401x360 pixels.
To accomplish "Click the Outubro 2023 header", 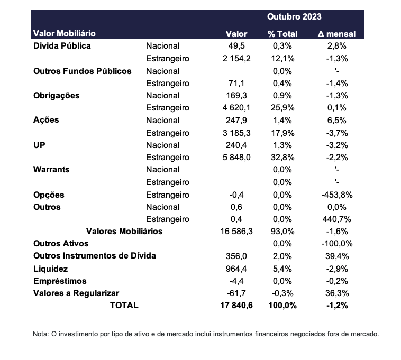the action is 294,16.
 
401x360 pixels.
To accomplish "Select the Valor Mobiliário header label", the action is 65,33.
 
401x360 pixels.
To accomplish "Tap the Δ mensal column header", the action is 336,34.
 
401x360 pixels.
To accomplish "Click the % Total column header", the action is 282,34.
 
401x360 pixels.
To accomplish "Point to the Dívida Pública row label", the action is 62,46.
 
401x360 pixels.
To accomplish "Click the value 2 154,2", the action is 236,59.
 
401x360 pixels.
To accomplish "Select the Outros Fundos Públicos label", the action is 83,71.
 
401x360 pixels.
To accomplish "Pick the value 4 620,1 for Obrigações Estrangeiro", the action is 236,108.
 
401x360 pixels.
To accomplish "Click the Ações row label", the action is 46,120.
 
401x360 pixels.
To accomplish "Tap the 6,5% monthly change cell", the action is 337,121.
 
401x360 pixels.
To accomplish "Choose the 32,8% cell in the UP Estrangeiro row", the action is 282,158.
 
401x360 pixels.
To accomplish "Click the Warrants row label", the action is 51,169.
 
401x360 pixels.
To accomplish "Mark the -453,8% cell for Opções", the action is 337,195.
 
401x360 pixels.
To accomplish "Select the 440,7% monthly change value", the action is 337,219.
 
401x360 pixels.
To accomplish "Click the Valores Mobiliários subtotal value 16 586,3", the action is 236,232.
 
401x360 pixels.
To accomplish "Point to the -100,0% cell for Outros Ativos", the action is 337,244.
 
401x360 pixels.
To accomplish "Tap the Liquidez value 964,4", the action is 236,269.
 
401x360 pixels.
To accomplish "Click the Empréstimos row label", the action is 60,281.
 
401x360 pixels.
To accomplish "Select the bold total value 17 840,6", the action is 236,306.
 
